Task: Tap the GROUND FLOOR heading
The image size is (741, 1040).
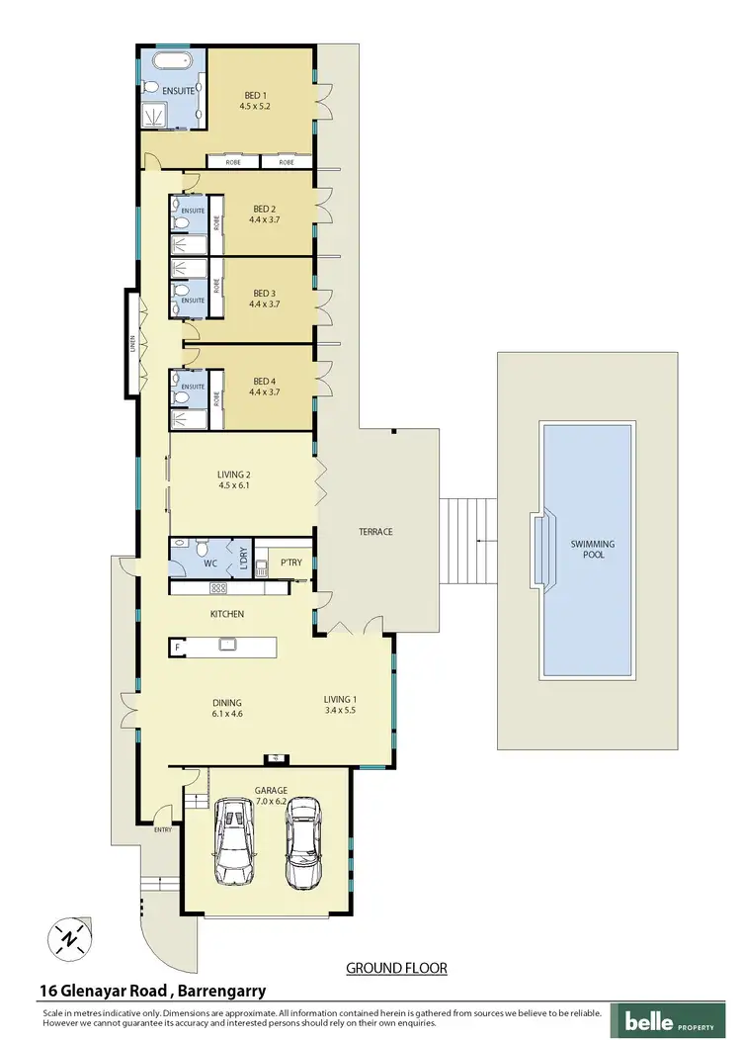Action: click(396, 968)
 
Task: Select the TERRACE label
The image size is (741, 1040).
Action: click(375, 532)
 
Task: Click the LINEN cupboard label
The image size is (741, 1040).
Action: click(131, 343)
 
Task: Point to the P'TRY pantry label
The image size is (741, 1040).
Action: click(290, 563)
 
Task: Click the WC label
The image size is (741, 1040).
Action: click(210, 564)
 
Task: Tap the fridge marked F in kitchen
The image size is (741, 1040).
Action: click(177, 648)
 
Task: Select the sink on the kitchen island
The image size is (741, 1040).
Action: click(227, 647)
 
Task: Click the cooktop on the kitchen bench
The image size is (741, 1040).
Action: click(219, 588)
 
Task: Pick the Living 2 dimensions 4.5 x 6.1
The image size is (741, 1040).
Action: click(234, 485)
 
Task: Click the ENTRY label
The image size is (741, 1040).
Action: click(162, 829)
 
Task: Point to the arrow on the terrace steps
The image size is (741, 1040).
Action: click(479, 541)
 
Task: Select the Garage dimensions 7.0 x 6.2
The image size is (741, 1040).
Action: click(270, 802)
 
